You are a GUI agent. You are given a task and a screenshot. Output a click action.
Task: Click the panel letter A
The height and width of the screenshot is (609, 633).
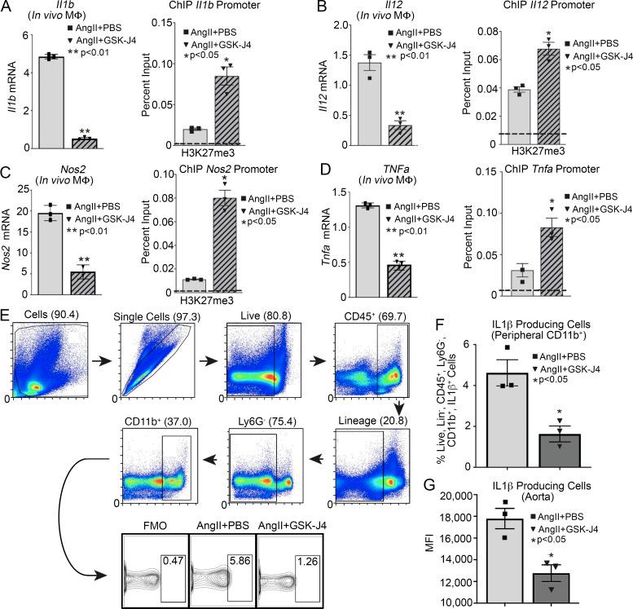[7, 7]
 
